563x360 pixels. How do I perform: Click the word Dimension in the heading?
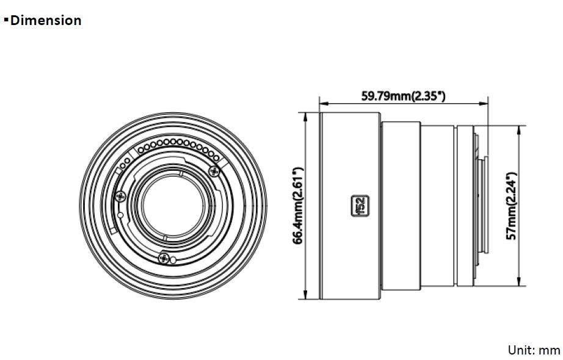(x=46, y=21)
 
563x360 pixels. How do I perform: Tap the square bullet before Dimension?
(x=5, y=20)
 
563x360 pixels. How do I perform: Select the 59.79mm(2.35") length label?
(x=403, y=96)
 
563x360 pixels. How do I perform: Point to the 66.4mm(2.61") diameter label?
(x=299, y=206)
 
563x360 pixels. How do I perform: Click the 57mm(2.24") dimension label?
(x=511, y=206)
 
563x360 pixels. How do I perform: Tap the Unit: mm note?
(x=534, y=350)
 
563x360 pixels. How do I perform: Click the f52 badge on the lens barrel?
(x=360, y=206)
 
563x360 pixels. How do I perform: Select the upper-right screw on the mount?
(x=214, y=171)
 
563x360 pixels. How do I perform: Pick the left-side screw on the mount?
(x=120, y=196)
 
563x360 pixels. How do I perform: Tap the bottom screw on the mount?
(x=164, y=257)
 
